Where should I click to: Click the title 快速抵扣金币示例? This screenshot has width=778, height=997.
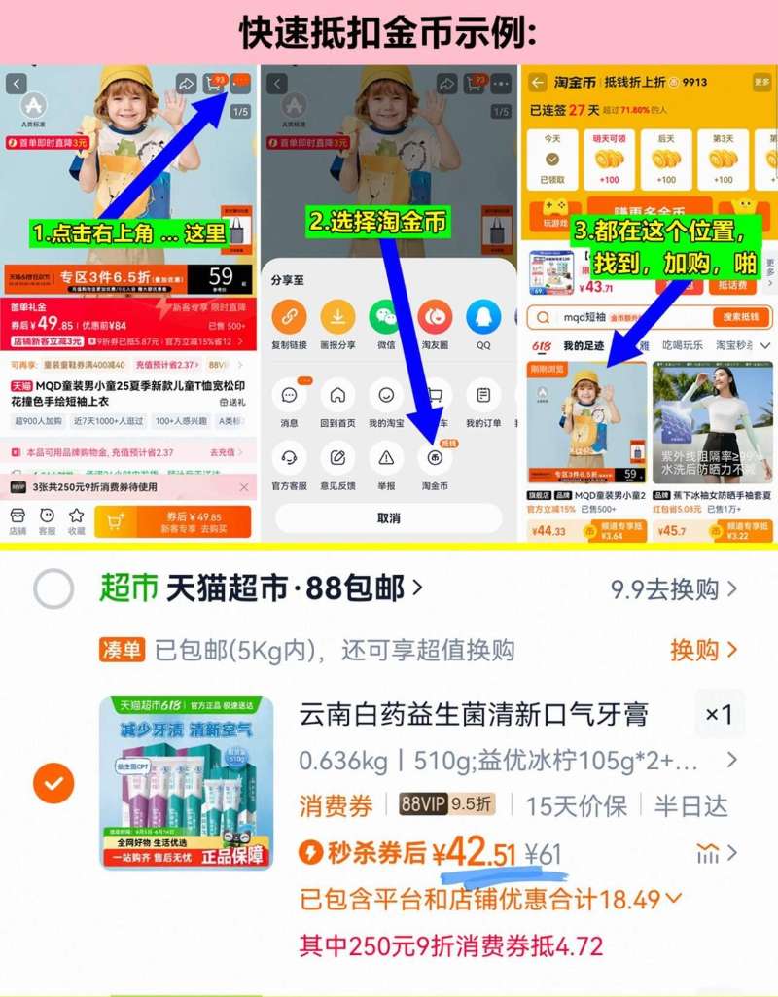click(x=389, y=32)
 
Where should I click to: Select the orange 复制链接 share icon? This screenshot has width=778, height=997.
click(x=288, y=317)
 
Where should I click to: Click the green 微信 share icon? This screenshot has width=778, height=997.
click(x=385, y=317)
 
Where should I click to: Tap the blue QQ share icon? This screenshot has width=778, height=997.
click(x=483, y=317)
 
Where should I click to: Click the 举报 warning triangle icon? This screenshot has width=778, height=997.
click(x=386, y=457)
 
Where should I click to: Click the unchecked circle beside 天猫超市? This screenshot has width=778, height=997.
click(x=53, y=588)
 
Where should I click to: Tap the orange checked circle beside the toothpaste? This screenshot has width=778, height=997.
click(x=53, y=783)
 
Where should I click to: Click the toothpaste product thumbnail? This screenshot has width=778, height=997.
click(x=186, y=783)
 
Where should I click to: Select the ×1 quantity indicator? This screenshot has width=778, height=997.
click(x=719, y=715)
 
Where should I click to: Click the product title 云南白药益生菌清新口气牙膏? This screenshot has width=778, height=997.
click(x=474, y=715)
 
